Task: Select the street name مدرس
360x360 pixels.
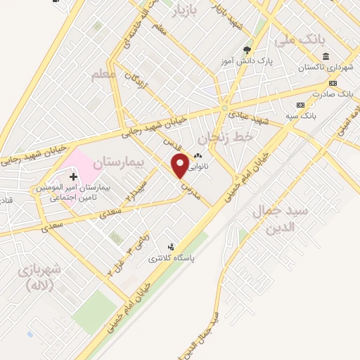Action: pyautogui.click(x=184, y=188)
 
